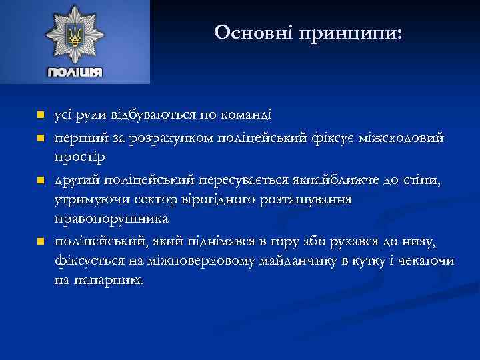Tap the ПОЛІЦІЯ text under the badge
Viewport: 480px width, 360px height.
click(x=74, y=72)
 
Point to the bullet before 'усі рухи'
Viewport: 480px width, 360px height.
click(x=40, y=115)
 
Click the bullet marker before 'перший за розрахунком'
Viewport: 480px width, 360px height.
click(x=40, y=138)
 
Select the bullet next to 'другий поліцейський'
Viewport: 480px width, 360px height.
click(x=40, y=181)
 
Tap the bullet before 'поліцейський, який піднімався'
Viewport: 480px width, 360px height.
click(x=40, y=241)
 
